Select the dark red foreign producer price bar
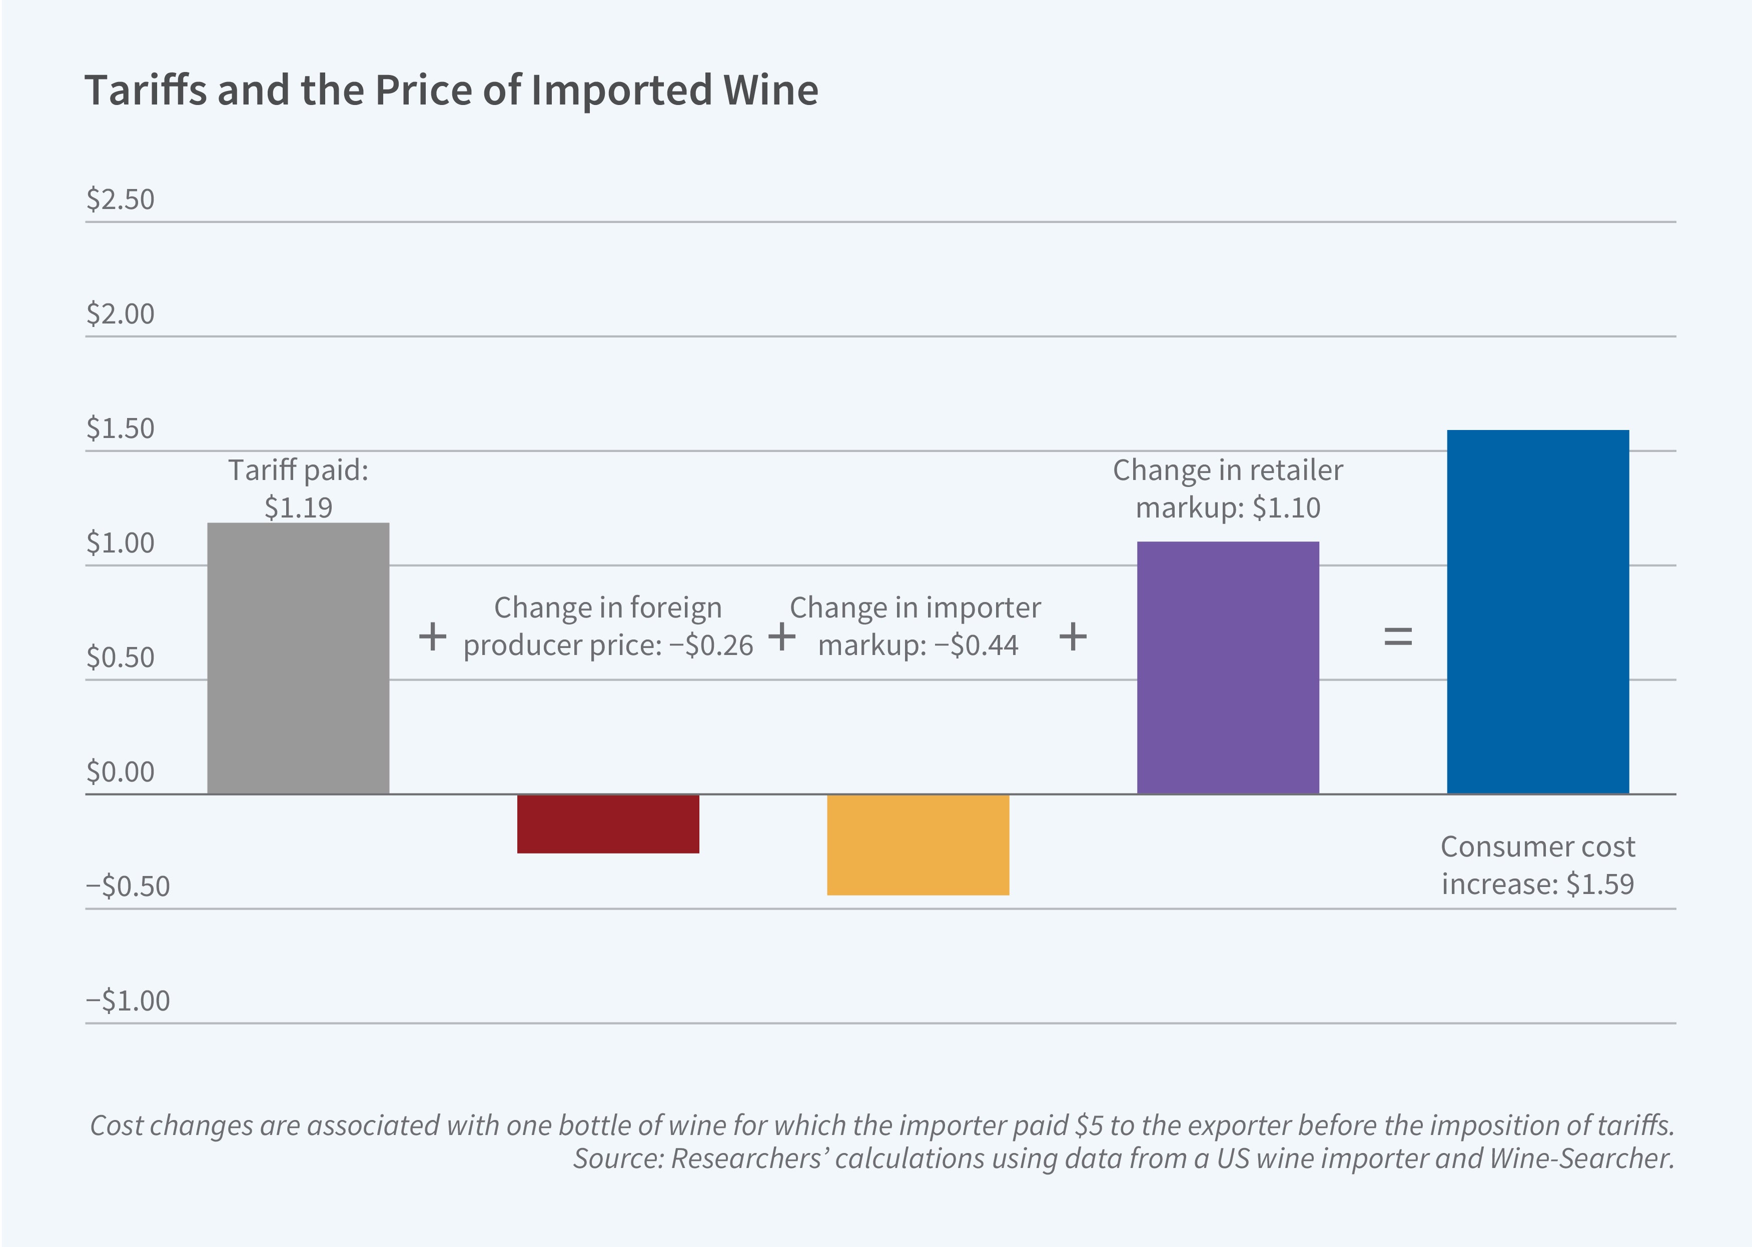click(x=607, y=823)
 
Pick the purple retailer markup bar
click(x=1227, y=667)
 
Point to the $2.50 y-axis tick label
click(x=120, y=199)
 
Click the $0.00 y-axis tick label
click(x=120, y=771)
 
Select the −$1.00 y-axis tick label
click(x=128, y=1000)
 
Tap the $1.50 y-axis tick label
click(x=120, y=428)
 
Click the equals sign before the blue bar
click(x=1397, y=636)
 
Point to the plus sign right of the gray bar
click(x=432, y=636)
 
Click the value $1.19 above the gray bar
click(x=298, y=507)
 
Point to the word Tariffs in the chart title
click(x=146, y=90)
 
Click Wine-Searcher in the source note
click(x=1581, y=1158)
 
